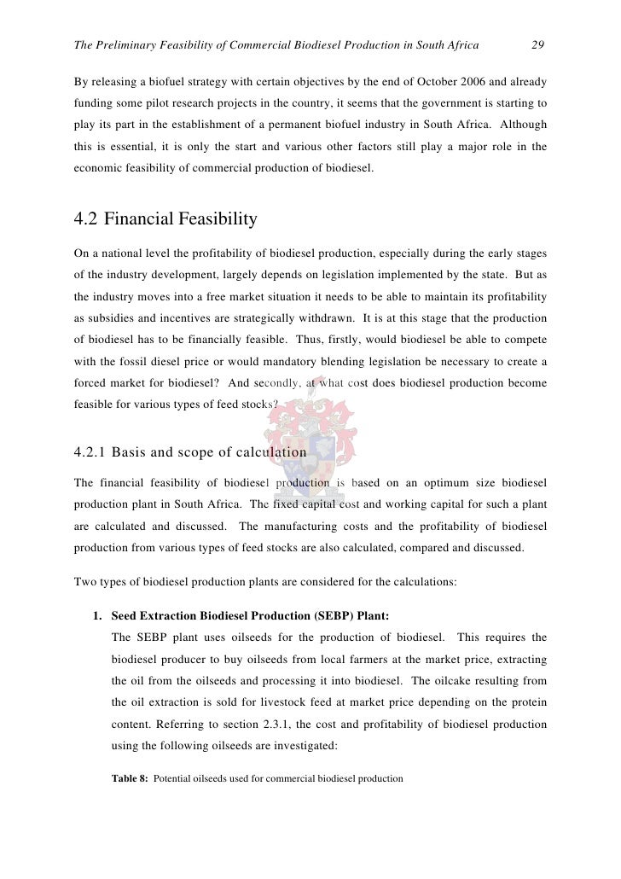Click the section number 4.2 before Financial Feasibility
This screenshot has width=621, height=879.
point(89,219)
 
